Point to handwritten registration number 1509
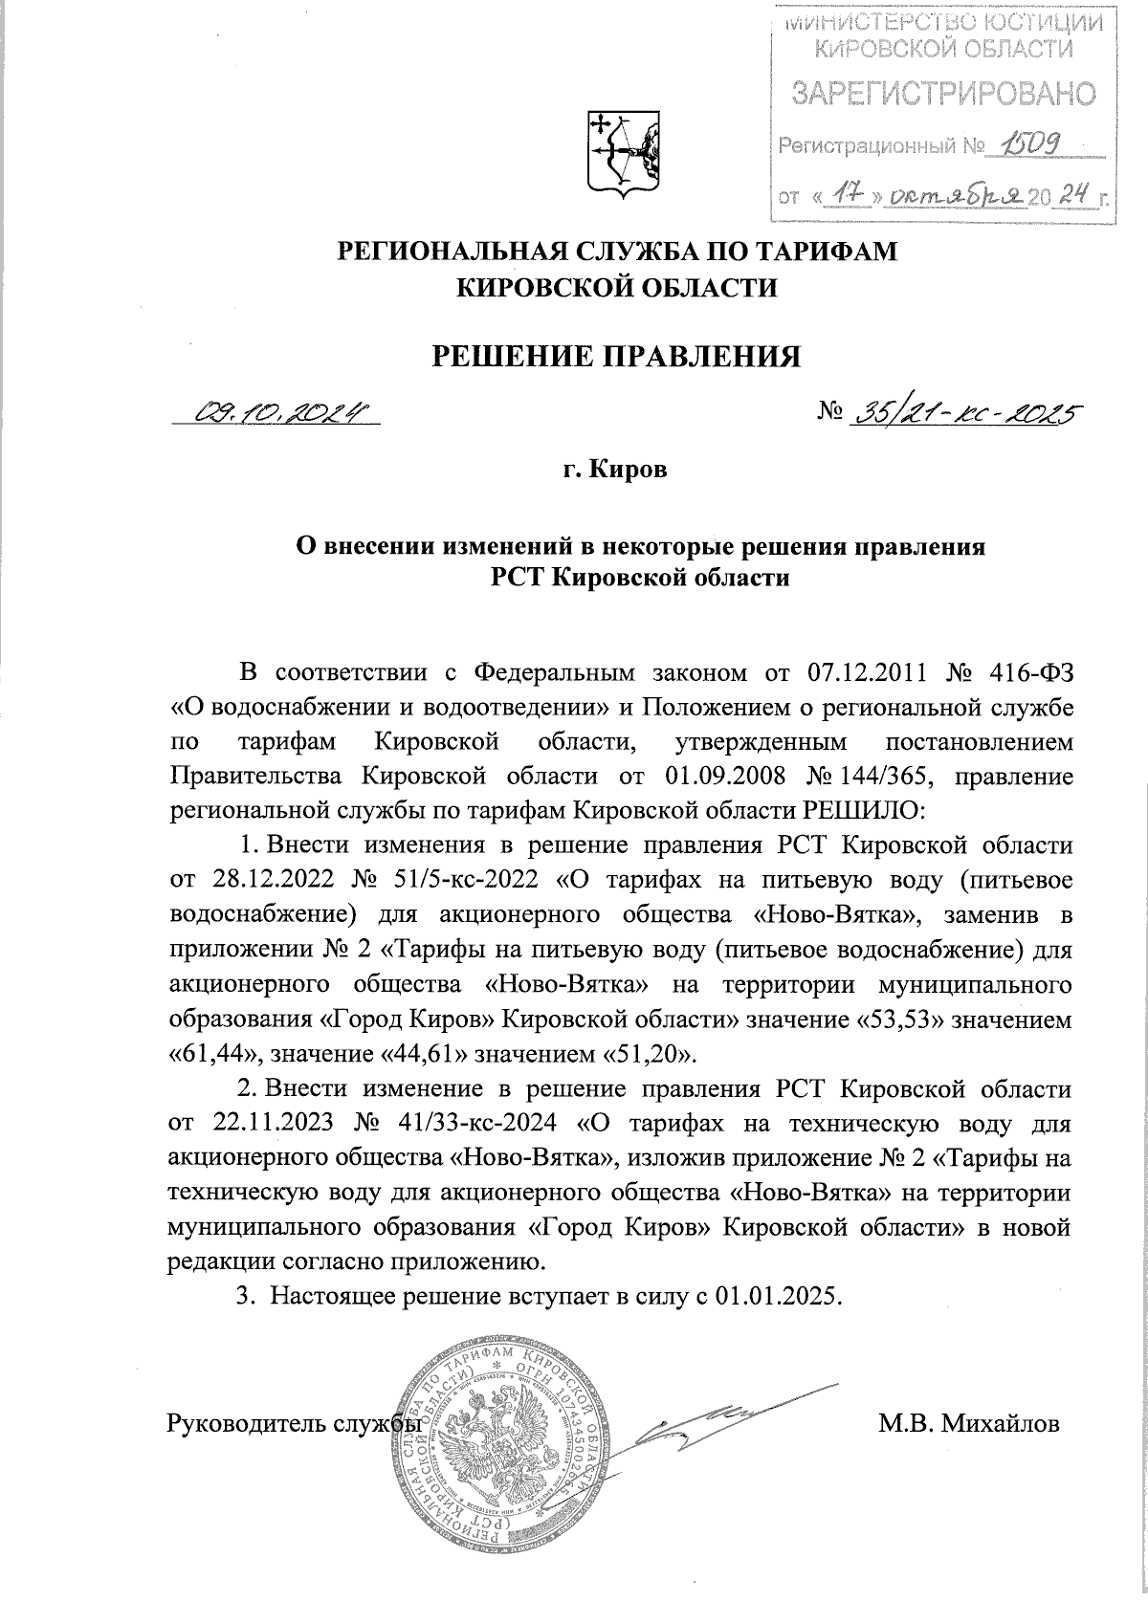click(x=1027, y=145)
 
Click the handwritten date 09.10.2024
click(x=280, y=413)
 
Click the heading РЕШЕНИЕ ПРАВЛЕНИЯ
click(x=616, y=356)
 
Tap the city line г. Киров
click(x=615, y=471)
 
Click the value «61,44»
click(x=216, y=1053)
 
